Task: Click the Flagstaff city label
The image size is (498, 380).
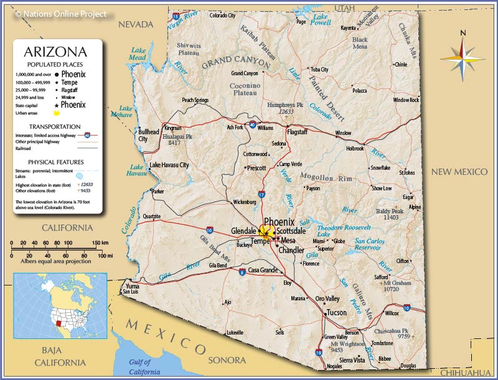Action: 297,132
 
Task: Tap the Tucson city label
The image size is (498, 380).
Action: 336,312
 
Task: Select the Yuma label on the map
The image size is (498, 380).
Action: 133,286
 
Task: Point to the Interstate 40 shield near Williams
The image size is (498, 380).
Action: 252,124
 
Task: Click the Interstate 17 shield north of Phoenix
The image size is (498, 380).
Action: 261,195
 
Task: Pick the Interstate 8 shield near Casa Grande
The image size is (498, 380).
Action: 242,271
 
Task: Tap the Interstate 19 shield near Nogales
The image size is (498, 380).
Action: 319,353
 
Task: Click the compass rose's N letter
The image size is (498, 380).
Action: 463,34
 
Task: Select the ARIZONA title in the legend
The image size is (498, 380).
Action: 55,52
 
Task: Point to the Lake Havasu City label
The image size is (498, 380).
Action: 169,165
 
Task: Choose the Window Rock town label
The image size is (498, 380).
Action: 406,100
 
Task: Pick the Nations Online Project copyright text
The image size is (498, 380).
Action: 60,14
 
